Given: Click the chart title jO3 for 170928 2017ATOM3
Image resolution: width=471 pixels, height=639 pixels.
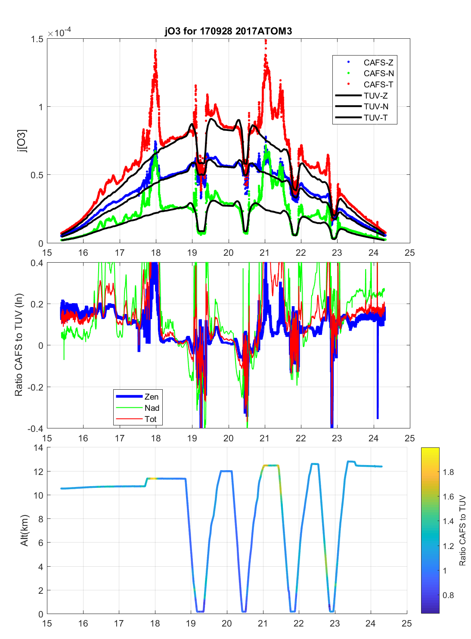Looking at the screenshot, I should (x=228, y=31).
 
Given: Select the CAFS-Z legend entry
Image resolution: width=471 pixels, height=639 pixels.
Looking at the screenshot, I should (x=378, y=62).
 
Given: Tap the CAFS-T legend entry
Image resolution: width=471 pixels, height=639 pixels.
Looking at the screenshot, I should (x=378, y=85).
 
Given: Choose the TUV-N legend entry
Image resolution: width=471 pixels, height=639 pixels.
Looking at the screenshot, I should (x=376, y=107).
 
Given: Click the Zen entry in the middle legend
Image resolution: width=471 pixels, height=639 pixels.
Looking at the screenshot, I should (x=151, y=397).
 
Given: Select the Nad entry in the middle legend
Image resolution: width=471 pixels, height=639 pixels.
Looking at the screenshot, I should (x=152, y=408).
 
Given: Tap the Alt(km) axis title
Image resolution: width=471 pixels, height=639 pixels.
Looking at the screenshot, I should (x=25, y=530).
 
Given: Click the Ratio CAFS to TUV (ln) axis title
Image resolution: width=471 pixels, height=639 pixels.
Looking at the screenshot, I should (x=19, y=345).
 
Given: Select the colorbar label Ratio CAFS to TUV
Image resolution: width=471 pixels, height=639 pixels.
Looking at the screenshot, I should (x=462, y=530).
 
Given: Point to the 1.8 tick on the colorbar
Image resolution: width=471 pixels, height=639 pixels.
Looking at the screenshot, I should (x=448, y=472).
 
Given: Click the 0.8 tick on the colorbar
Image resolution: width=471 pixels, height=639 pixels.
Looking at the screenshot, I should (x=448, y=596).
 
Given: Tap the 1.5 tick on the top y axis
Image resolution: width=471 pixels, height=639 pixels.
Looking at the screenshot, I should (x=37, y=39).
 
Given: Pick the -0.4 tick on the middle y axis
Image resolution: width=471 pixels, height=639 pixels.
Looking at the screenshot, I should (x=35, y=429).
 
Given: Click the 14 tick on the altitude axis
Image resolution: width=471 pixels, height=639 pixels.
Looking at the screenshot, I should (x=38, y=448).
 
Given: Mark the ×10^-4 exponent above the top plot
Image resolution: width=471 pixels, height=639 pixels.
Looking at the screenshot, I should (x=59, y=33).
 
